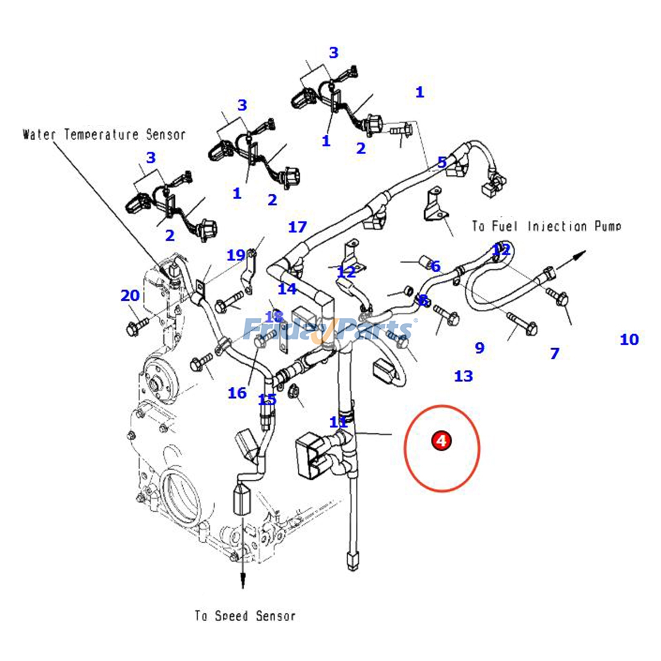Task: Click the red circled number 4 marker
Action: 441,440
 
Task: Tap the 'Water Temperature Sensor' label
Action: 104,135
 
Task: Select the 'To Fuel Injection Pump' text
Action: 547,226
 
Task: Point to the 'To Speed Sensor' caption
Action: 245,616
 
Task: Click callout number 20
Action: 130,296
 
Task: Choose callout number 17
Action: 297,227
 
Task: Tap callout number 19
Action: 236,255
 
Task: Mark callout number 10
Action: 629,340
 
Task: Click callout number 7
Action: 554,354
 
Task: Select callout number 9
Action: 479,348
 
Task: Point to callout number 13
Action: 463,376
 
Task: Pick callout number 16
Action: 237,393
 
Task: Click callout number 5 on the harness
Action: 442,162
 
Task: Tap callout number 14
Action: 287,289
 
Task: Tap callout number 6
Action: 435,266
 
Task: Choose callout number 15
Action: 267,399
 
